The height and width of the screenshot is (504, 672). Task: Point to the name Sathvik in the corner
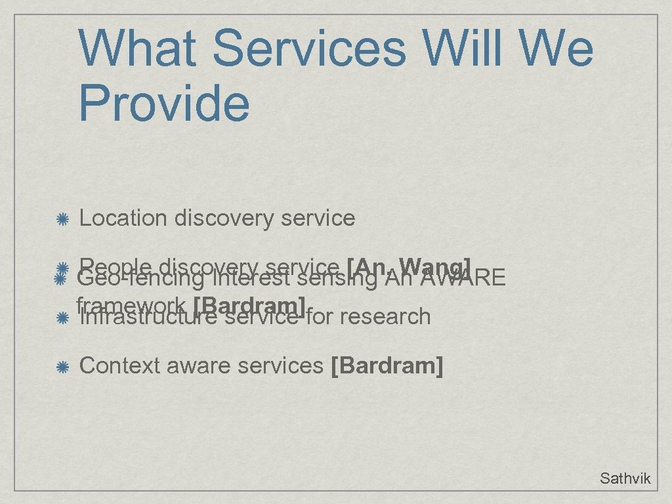625,478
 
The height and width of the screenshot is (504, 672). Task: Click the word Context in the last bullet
120,366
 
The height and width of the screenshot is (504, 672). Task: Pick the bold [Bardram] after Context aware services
388,366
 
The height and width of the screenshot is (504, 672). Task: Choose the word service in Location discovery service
318,218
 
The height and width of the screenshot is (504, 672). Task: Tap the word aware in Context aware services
199,366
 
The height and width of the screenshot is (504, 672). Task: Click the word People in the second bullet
115,265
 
